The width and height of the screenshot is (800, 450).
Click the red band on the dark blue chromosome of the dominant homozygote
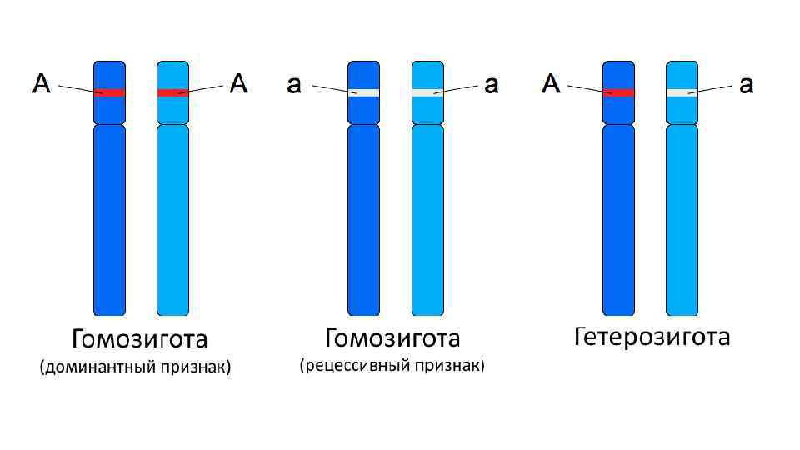click(x=109, y=92)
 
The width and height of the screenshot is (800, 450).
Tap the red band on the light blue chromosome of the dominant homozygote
click(x=172, y=92)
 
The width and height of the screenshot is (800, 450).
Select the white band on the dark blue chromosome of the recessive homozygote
click(x=363, y=92)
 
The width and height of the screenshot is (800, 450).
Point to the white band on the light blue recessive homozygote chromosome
click(x=427, y=92)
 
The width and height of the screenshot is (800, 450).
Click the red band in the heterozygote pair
click(x=618, y=92)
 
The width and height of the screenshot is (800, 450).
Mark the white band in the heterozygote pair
click(x=682, y=92)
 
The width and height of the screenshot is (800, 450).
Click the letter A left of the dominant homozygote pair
click(x=42, y=83)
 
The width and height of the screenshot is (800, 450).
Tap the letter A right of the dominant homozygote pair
click(x=239, y=83)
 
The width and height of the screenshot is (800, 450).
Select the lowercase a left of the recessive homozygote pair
click(x=293, y=85)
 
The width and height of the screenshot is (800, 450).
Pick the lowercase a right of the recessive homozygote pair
click(x=492, y=85)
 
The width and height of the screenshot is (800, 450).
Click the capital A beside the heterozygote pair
click(x=551, y=83)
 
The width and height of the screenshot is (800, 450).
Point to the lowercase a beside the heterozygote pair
click(x=747, y=85)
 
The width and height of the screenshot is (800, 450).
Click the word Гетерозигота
click(x=652, y=337)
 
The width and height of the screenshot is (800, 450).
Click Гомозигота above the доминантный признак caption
click(x=139, y=340)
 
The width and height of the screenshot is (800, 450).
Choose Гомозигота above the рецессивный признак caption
click(x=392, y=338)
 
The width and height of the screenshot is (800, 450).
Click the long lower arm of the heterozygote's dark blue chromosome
click(x=618, y=221)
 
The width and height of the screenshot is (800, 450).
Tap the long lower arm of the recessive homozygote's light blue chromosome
click(x=427, y=221)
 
